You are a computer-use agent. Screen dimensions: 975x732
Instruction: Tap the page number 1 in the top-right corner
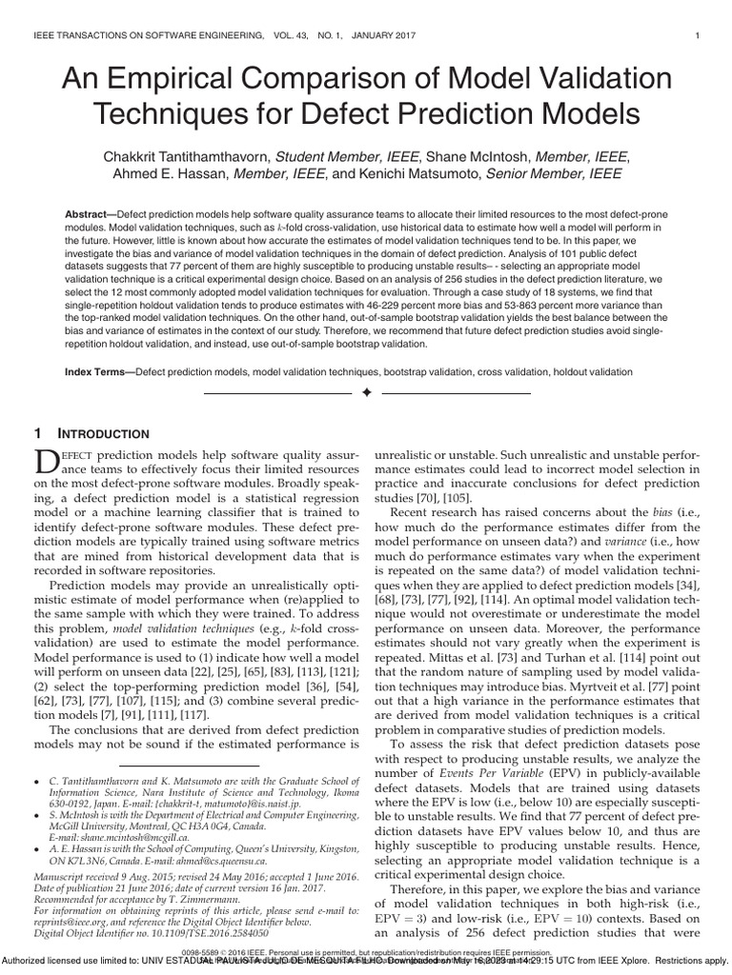(x=699, y=36)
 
